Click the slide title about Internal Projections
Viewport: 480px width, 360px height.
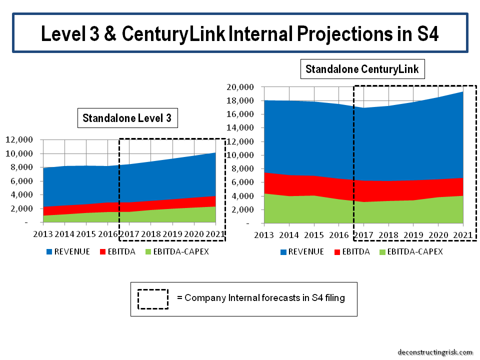tap(240, 33)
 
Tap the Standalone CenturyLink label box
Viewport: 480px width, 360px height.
tap(362, 68)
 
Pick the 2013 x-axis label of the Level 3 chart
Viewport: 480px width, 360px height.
tap(43, 233)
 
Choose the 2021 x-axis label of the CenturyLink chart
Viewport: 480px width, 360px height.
tap(463, 234)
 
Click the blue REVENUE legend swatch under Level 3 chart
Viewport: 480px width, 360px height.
tap(48, 252)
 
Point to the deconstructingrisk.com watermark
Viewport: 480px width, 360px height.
tap(434, 352)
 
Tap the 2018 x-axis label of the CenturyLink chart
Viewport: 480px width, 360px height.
tap(388, 234)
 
